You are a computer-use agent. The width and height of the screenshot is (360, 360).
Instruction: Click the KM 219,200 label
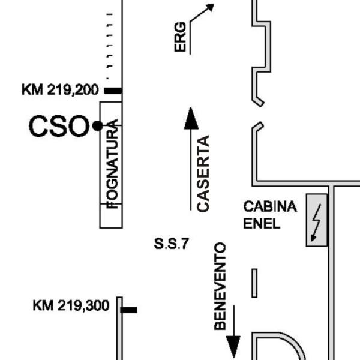(x=59, y=91)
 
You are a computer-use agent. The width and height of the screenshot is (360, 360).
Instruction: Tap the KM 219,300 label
(x=71, y=306)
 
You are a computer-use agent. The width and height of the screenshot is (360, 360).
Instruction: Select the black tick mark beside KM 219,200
(x=113, y=91)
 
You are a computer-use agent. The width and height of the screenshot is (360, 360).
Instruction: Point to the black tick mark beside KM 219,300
(x=129, y=310)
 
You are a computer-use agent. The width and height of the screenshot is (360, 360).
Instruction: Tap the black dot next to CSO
(x=97, y=126)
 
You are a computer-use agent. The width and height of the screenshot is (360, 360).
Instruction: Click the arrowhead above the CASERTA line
(x=191, y=118)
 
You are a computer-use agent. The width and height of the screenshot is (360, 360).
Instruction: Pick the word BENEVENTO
(x=220, y=286)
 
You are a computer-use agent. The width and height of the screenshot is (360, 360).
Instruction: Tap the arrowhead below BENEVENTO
(x=233, y=347)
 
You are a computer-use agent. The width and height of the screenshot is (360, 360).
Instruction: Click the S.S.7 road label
(x=172, y=244)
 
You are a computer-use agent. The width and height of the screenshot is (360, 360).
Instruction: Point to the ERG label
(x=181, y=39)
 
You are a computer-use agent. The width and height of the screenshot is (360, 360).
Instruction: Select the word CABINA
(x=269, y=207)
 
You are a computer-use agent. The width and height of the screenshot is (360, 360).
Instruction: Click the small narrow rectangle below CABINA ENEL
(x=254, y=283)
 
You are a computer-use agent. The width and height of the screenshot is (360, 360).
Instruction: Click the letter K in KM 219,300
(x=37, y=306)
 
